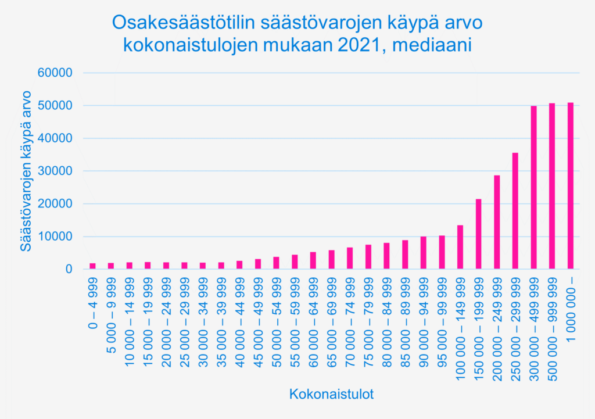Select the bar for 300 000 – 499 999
(533, 188)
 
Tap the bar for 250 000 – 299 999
(515, 211)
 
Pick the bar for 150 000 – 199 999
(478, 234)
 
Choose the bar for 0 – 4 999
(92, 266)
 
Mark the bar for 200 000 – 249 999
(497, 222)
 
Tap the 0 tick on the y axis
(68, 269)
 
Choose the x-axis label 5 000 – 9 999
(110, 319)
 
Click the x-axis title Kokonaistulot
(331, 395)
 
